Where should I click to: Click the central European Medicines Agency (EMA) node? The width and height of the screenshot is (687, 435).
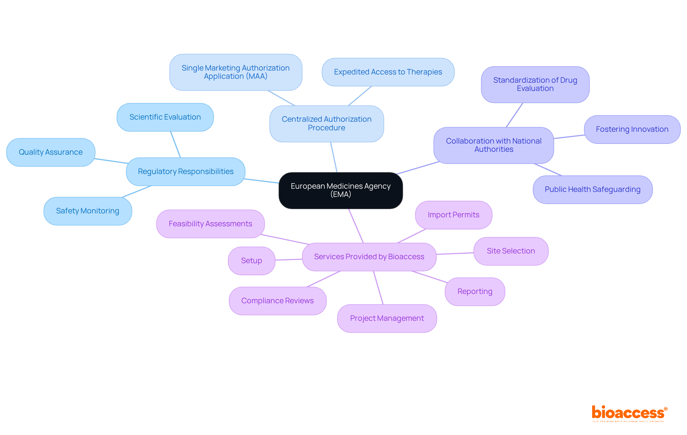(341, 190)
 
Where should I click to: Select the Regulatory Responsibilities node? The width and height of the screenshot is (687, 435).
(186, 171)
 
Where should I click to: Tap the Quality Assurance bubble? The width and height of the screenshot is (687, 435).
(51, 152)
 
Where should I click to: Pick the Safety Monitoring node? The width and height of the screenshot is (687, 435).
(88, 211)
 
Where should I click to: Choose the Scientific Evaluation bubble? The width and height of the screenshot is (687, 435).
(165, 117)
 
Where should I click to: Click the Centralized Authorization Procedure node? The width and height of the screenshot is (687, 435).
(326, 124)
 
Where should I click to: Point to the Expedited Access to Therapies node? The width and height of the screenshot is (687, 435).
(388, 72)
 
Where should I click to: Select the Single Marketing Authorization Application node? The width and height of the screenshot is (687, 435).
(235, 72)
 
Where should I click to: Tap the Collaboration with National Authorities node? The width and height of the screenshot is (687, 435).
(493, 145)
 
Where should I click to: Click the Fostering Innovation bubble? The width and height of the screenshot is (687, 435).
(632, 129)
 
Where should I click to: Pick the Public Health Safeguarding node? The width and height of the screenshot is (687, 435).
(593, 189)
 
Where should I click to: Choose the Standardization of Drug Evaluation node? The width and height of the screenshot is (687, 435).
(535, 84)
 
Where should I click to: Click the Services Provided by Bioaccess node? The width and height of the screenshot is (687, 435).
(369, 257)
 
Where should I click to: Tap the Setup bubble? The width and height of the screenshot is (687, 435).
(252, 261)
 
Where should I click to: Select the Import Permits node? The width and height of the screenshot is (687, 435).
(453, 215)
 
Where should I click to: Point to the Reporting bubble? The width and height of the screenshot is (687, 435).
(475, 291)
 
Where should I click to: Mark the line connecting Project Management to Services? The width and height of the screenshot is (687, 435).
(378, 287)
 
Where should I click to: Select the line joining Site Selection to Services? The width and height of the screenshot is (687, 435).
(455, 253)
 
